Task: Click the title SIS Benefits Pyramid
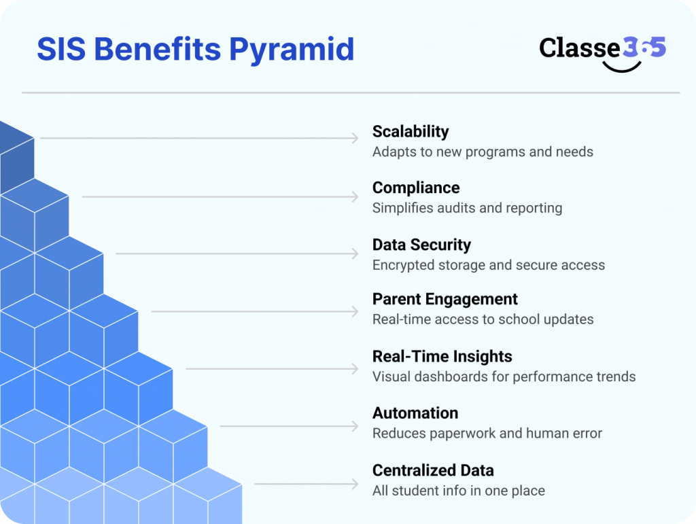[195, 50]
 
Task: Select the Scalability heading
[411, 131]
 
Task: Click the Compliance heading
[416, 188]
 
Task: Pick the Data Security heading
[421, 245]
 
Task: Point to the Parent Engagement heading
[445, 299]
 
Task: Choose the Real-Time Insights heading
[442, 356]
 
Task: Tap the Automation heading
[415, 413]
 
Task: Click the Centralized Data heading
[433, 470]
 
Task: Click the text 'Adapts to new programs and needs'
[483, 152]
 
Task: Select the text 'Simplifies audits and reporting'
[467, 208]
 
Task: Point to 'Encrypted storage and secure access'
[489, 265]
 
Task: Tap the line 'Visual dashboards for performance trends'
[504, 377]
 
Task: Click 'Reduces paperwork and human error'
[487, 434]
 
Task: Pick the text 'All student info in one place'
[459, 491]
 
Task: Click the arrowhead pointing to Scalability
[354, 139]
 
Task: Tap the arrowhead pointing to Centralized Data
[354, 484]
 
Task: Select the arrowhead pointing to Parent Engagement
[354, 311]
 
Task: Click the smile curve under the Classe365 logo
[622, 67]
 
